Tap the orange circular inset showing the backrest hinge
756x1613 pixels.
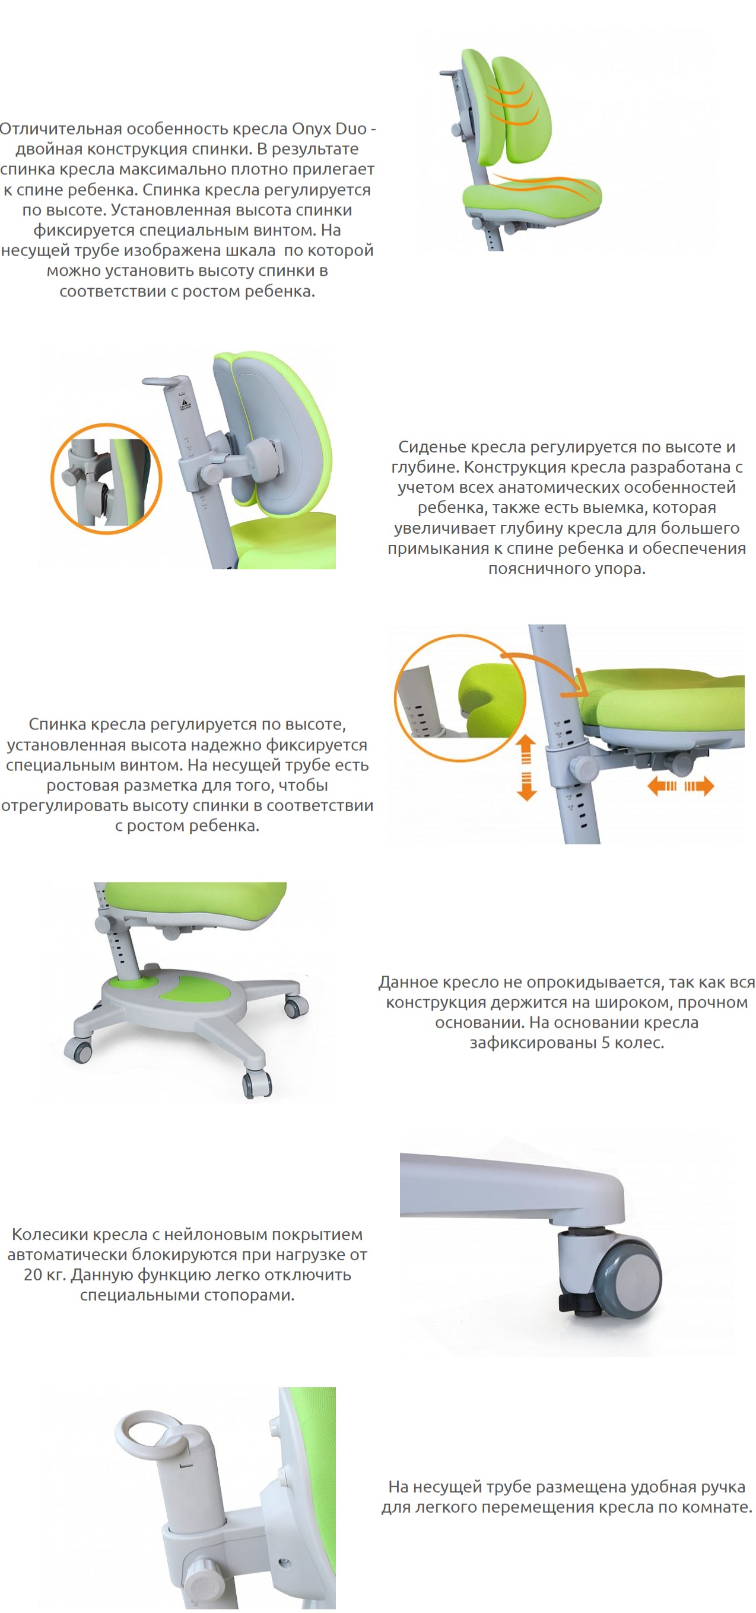[x=106, y=479]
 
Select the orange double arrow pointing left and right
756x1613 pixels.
[x=680, y=786]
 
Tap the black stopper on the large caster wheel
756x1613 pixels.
[x=576, y=1303]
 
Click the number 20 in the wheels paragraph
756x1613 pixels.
[x=33, y=1276]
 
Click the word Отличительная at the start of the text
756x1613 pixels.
[x=60, y=129]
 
